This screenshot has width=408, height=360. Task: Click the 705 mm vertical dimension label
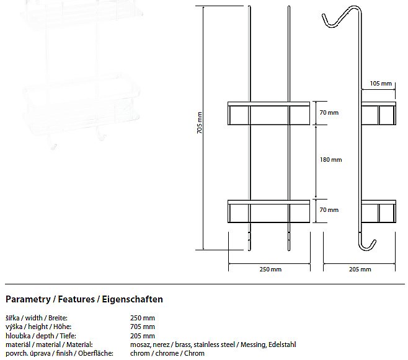click(x=200, y=123)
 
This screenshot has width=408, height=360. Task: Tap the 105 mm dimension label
click(x=381, y=84)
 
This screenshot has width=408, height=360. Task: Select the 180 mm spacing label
click(x=330, y=159)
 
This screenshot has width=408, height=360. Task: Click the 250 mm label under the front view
click(x=270, y=269)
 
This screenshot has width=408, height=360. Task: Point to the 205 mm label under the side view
click(x=360, y=269)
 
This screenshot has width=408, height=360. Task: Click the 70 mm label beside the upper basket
click(x=329, y=113)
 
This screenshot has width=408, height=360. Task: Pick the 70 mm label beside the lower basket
click(x=329, y=210)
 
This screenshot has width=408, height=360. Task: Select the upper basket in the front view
click(x=268, y=113)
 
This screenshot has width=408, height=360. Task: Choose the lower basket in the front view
click(x=268, y=211)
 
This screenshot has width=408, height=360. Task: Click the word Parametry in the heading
click(x=28, y=299)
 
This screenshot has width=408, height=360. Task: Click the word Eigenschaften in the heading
click(x=132, y=299)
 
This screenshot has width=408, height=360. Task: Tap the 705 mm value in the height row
click(x=143, y=327)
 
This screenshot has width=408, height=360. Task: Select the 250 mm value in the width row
click(x=143, y=318)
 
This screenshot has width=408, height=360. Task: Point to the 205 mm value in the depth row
click(x=143, y=336)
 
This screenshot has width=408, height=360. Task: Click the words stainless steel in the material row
click(x=214, y=345)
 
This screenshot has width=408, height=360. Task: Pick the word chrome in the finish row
click(x=167, y=354)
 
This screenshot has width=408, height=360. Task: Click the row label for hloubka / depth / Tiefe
click(x=41, y=336)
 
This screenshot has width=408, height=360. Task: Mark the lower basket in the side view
click(x=379, y=211)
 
